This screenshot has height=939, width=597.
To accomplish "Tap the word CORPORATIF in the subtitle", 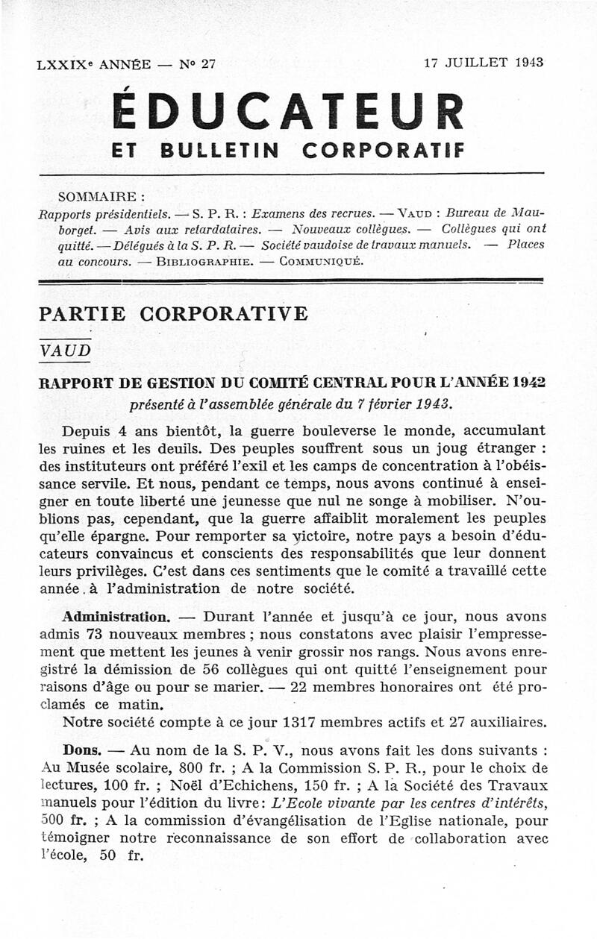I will (383, 150).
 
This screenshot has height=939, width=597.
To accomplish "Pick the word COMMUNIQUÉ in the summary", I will (321, 262).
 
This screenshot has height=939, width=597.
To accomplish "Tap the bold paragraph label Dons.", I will (81, 748).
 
